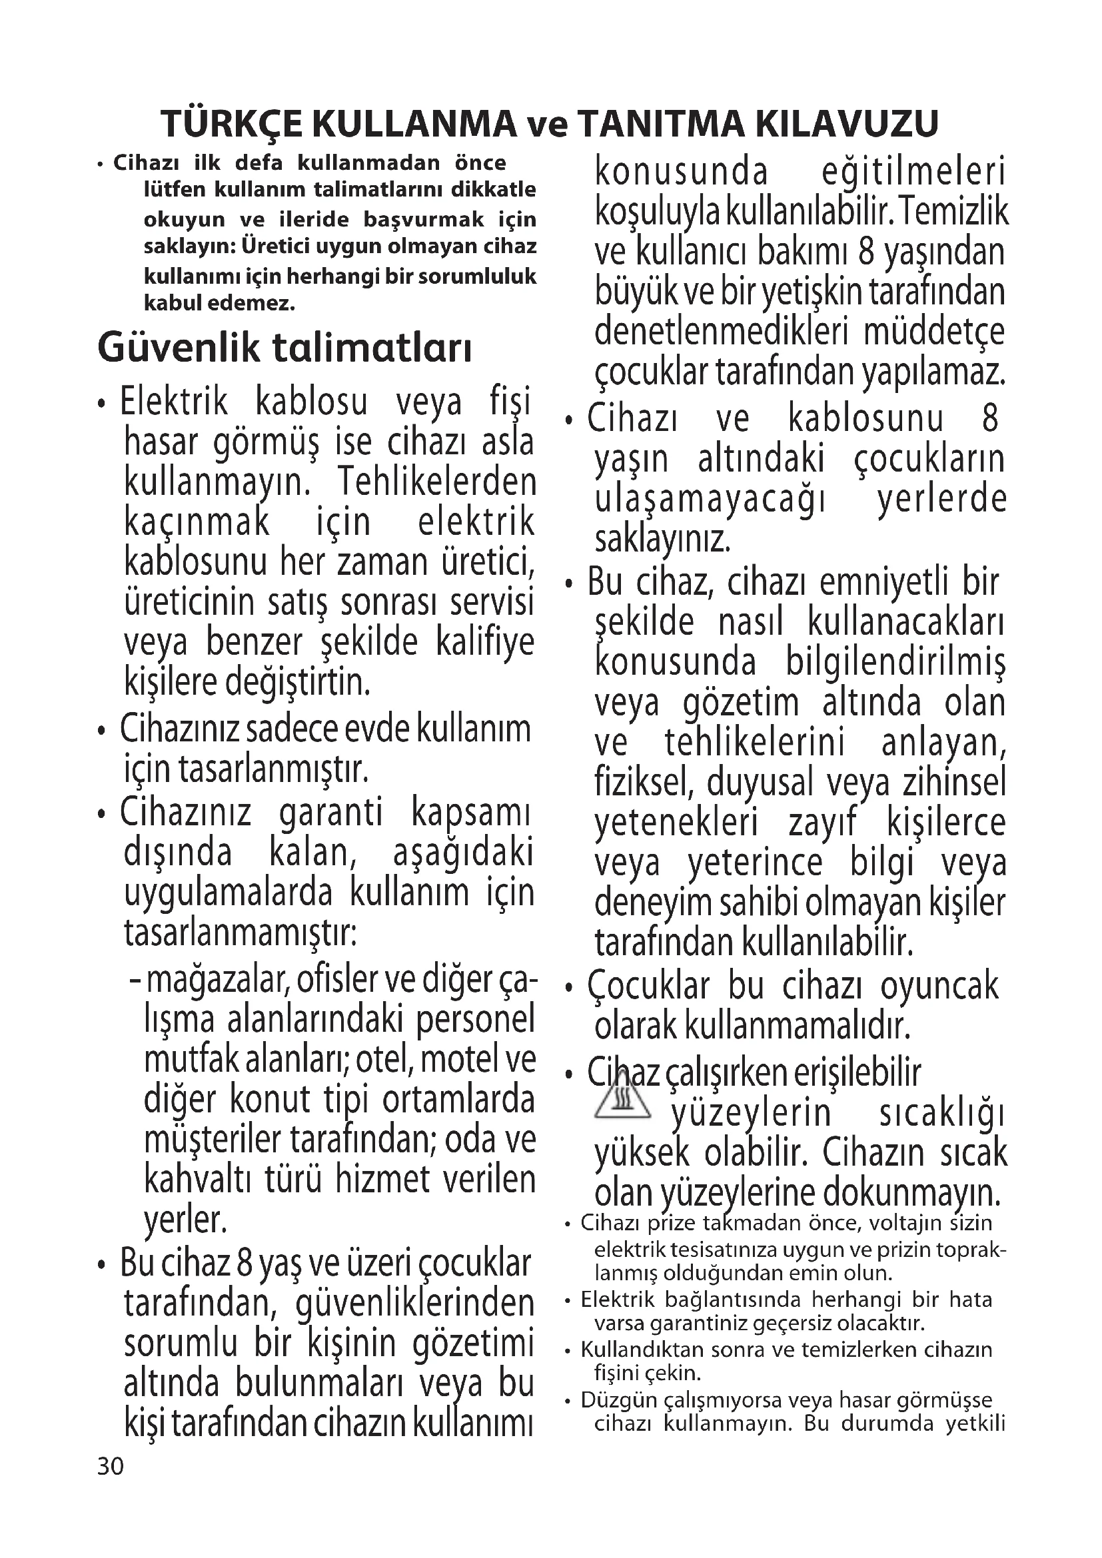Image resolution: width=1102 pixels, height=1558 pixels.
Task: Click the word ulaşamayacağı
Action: coord(710,500)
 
